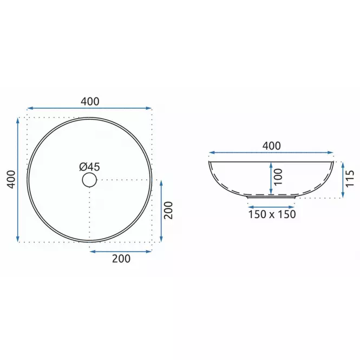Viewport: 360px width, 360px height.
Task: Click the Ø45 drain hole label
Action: coord(89,167)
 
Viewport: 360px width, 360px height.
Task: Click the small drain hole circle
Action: coord(89,180)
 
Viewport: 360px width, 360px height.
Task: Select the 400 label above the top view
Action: coord(90,101)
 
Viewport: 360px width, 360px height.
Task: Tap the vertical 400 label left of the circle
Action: coord(11,179)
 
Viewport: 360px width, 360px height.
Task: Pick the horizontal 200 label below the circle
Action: coord(121,259)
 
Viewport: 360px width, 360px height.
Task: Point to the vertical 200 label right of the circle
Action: coord(168,210)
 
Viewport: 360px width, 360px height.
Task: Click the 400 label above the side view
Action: coord(272,146)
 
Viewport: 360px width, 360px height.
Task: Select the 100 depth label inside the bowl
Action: coord(278,177)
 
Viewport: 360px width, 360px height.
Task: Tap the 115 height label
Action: coord(350,179)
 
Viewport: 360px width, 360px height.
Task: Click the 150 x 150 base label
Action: coord(272,214)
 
